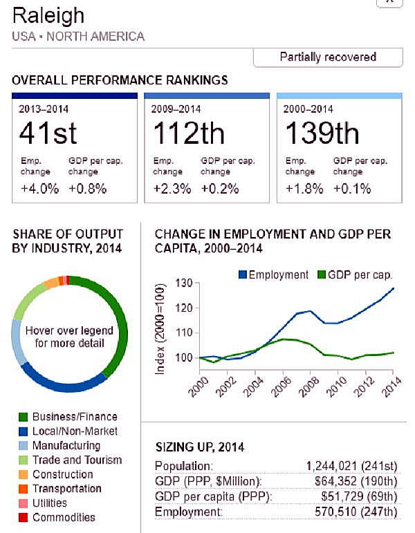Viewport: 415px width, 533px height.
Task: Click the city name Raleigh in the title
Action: click(48, 16)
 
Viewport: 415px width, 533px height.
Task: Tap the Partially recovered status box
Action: click(327, 57)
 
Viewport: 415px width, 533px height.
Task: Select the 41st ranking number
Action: click(48, 133)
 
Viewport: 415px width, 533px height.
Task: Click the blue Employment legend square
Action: click(242, 275)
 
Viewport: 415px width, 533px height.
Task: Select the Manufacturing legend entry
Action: click(66, 446)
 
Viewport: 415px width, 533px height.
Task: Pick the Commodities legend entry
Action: click(64, 517)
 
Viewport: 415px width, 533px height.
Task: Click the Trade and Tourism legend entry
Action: click(76, 460)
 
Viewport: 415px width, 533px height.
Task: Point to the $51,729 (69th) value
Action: click(358, 497)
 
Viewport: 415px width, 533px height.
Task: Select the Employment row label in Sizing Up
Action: click(188, 512)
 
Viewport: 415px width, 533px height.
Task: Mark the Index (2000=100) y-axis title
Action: click(160, 329)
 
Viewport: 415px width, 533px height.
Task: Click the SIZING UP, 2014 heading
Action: click(199, 448)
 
